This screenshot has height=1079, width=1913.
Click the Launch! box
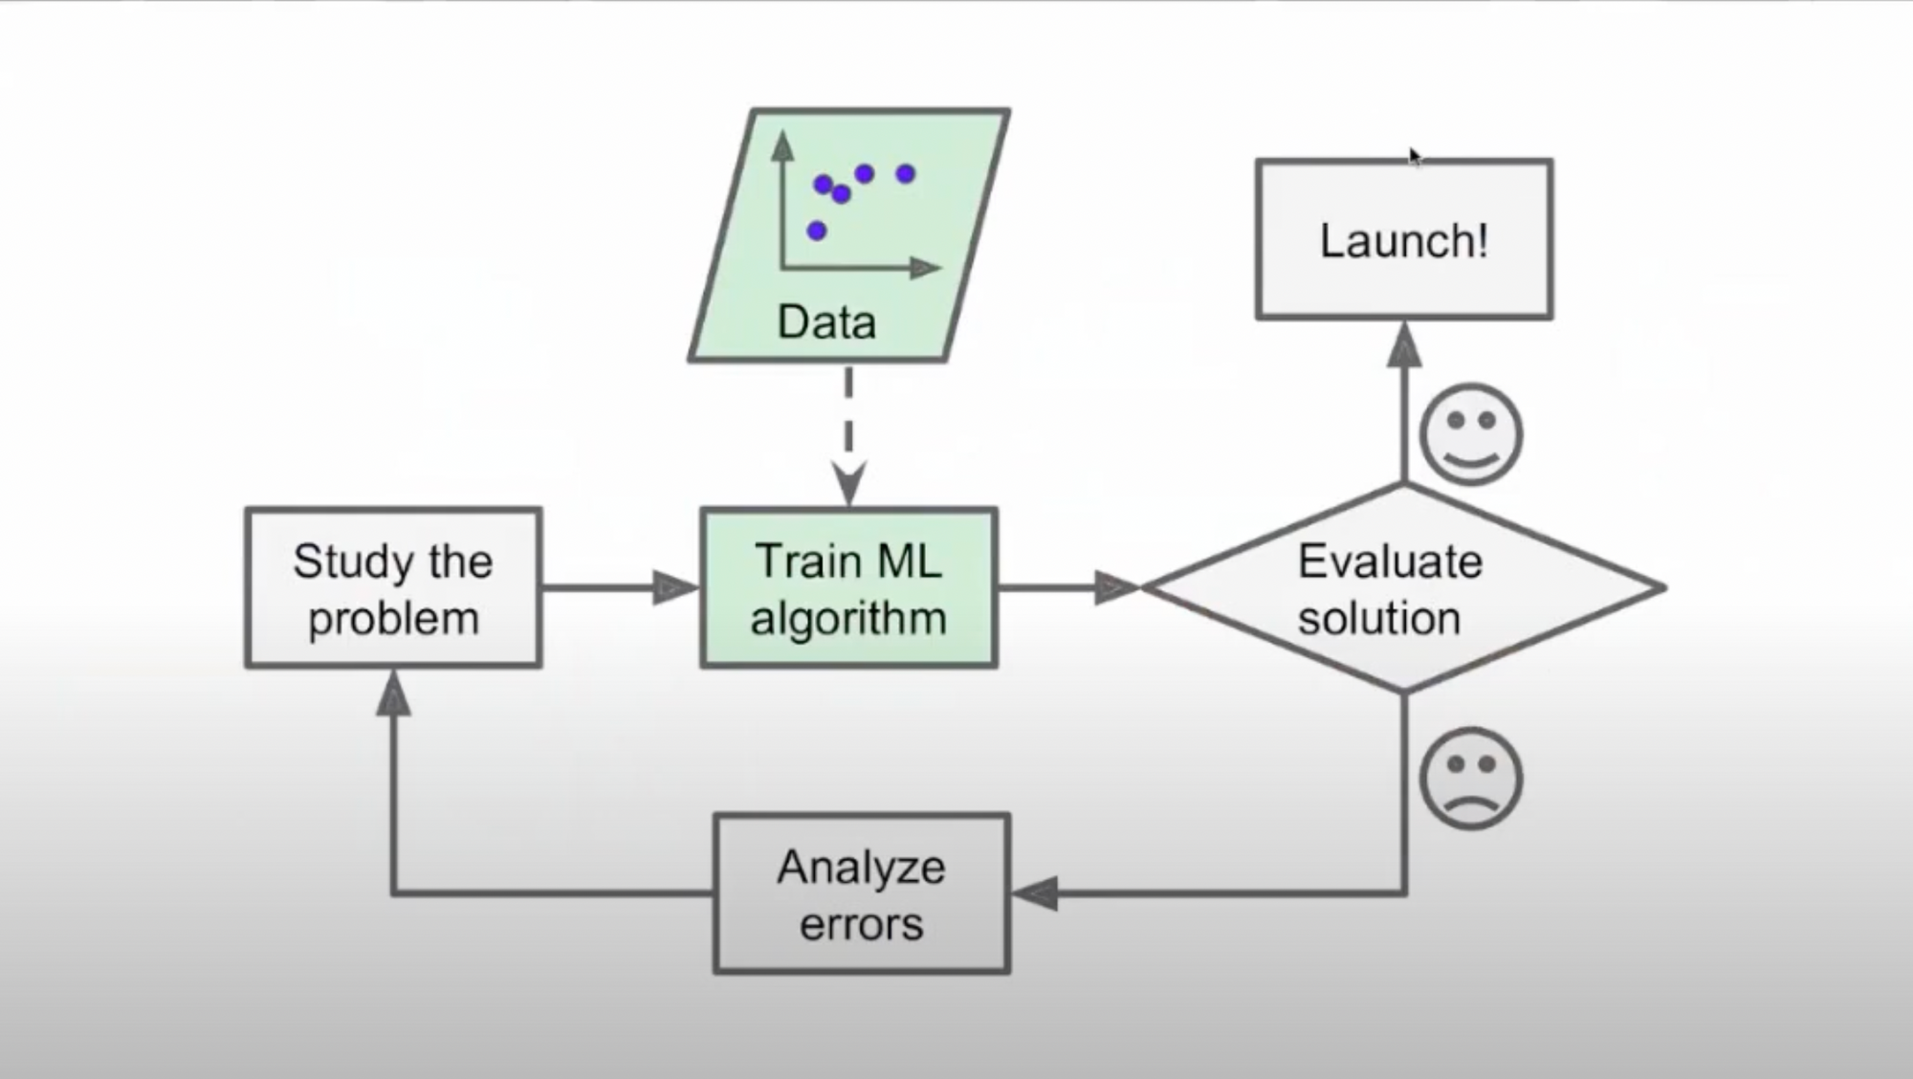coord(1403,239)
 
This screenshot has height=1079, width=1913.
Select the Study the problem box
coord(393,587)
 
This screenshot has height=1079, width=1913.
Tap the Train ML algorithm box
coord(849,587)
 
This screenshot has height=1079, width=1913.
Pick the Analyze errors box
coord(862,893)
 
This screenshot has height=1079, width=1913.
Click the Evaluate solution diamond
coord(1403,587)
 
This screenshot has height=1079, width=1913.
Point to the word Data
coord(826,321)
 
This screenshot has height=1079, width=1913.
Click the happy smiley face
coord(1471,434)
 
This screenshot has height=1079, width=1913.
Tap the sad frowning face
coord(1471,779)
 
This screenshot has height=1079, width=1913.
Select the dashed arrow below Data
coord(848,435)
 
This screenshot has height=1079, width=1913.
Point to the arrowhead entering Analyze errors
coord(1034,893)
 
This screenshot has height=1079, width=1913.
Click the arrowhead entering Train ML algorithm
coord(676,587)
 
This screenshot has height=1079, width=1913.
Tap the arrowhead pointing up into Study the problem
coord(393,692)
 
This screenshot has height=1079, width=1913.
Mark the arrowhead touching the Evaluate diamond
coord(1117,587)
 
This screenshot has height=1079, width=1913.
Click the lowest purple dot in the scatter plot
coord(816,231)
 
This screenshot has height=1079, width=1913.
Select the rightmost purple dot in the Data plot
coord(905,174)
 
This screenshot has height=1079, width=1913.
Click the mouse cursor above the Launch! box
coord(1415,157)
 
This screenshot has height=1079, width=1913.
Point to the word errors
coord(862,925)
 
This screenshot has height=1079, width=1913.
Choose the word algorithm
coord(848,619)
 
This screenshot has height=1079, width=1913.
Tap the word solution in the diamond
coord(1379,619)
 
